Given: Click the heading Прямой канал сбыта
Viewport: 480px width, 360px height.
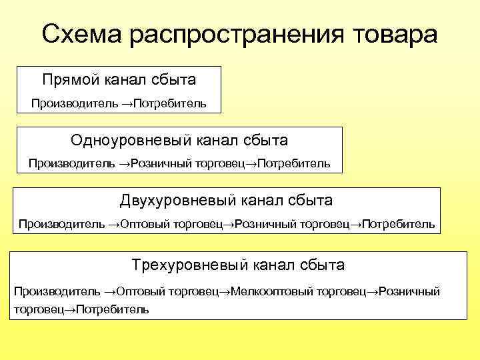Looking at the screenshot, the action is click(x=119, y=80).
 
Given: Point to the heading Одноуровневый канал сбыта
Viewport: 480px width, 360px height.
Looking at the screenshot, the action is click(x=179, y=141).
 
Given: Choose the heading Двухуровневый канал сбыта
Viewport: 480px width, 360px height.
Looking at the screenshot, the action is click(x=227, y=201).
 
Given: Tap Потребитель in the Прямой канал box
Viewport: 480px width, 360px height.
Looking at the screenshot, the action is click(x=170, y=103).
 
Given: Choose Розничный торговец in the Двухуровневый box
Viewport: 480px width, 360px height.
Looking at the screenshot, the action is click(x=293, y=224).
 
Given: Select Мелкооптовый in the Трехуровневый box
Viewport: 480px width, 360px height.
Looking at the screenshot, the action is click(x=271, y=291).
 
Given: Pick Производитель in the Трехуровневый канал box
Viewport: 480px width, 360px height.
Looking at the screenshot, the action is click(x=57, y=291).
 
